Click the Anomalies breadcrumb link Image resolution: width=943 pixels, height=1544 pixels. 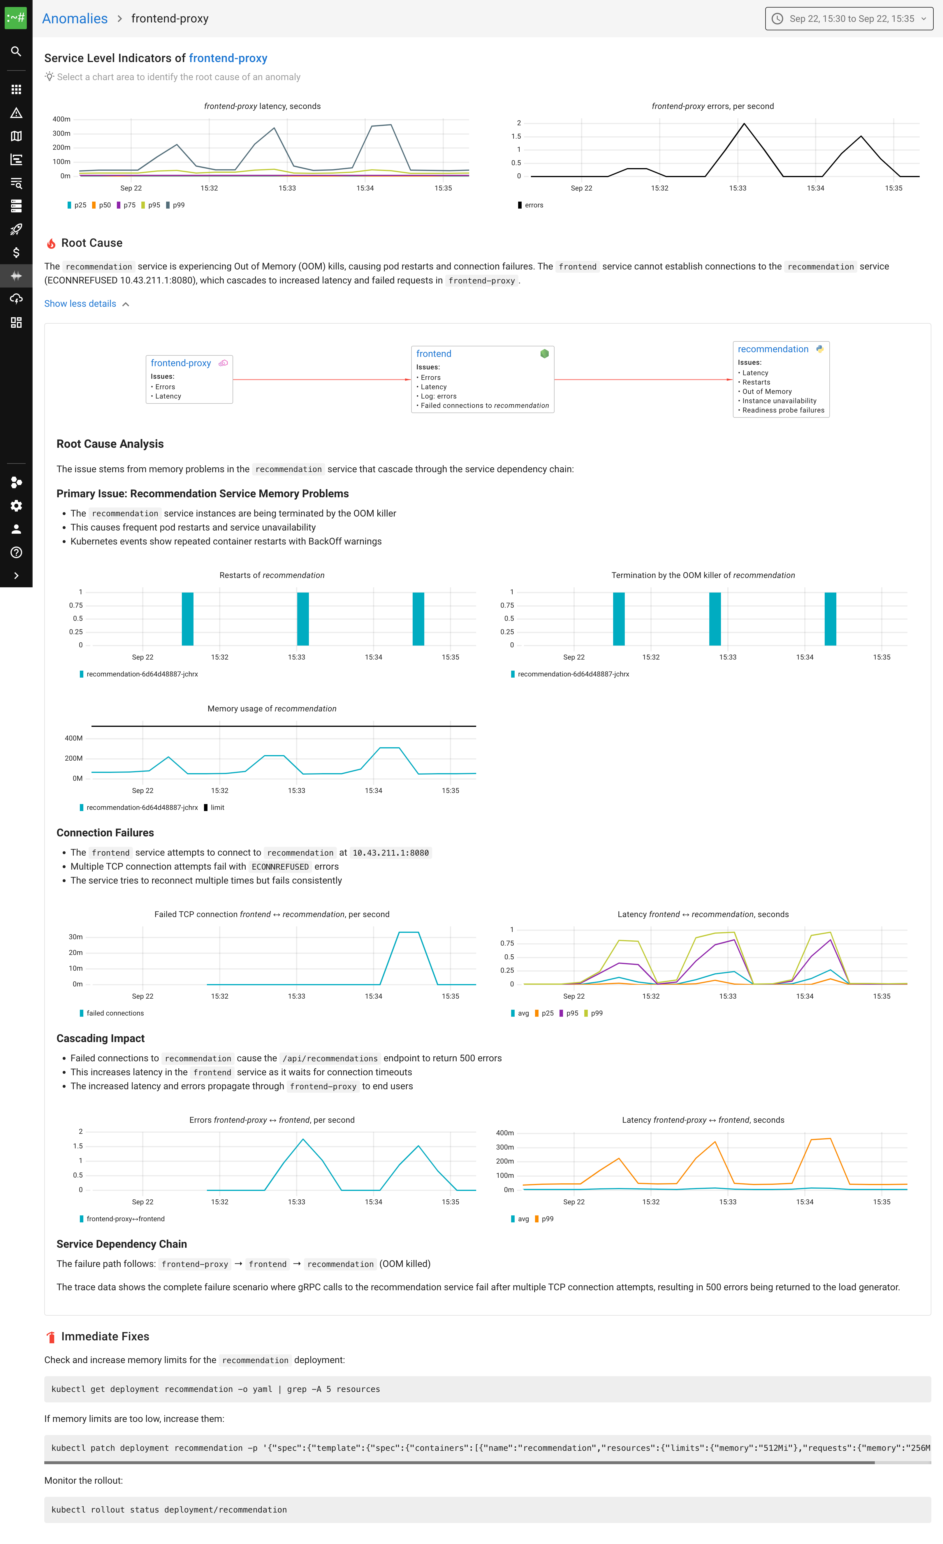pyautogui.click(x=75, y=19)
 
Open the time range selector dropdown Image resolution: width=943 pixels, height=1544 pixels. pyautogui.click(x=849, y=19)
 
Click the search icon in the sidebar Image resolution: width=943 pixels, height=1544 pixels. pyautogui.click(x=16, y=51)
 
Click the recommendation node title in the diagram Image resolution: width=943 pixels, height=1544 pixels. pyautogui.click(x=773, y=349)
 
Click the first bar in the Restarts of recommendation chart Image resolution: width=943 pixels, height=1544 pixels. pyautogui.click(x=187, y=618)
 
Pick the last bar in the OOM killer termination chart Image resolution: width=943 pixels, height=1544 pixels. pyautogui.click(x=830, y=618)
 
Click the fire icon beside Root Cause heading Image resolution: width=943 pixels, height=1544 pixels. pyautogui.click(x=51, y=243)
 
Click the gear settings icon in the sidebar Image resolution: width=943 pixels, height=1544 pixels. pyautogui.click(x=16, y=506)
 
